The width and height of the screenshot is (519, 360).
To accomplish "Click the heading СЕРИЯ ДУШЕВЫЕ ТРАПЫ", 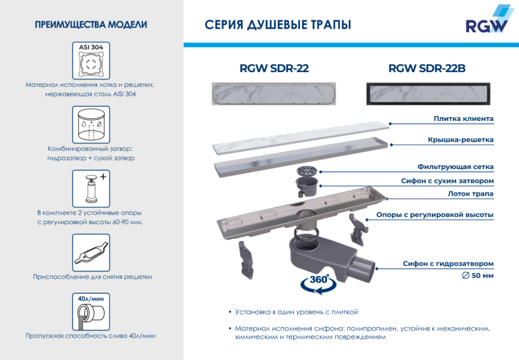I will point(278,25).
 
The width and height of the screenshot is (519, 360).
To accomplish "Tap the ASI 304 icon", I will point(91,60).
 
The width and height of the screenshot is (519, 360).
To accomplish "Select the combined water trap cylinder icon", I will point(91,124).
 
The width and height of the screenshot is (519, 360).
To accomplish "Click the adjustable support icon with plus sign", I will point(91,188).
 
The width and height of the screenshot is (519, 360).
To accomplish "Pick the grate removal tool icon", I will point(91,252).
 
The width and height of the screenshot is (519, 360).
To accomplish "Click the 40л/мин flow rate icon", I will point(91,311).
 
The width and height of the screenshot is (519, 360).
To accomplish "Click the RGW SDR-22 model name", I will point(274,68).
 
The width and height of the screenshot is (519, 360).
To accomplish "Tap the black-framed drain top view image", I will point(426,94).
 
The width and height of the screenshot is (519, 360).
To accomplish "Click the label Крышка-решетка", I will point(460,140).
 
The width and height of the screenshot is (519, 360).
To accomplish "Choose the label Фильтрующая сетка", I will point(455,167).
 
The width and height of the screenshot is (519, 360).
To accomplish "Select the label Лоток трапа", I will point(470,193).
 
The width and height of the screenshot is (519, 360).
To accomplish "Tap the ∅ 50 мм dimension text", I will point(477,275).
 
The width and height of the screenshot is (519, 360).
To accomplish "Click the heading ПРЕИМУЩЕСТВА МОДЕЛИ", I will point(91,25).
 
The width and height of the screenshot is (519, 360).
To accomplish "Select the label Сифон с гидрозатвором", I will point(448,264).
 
